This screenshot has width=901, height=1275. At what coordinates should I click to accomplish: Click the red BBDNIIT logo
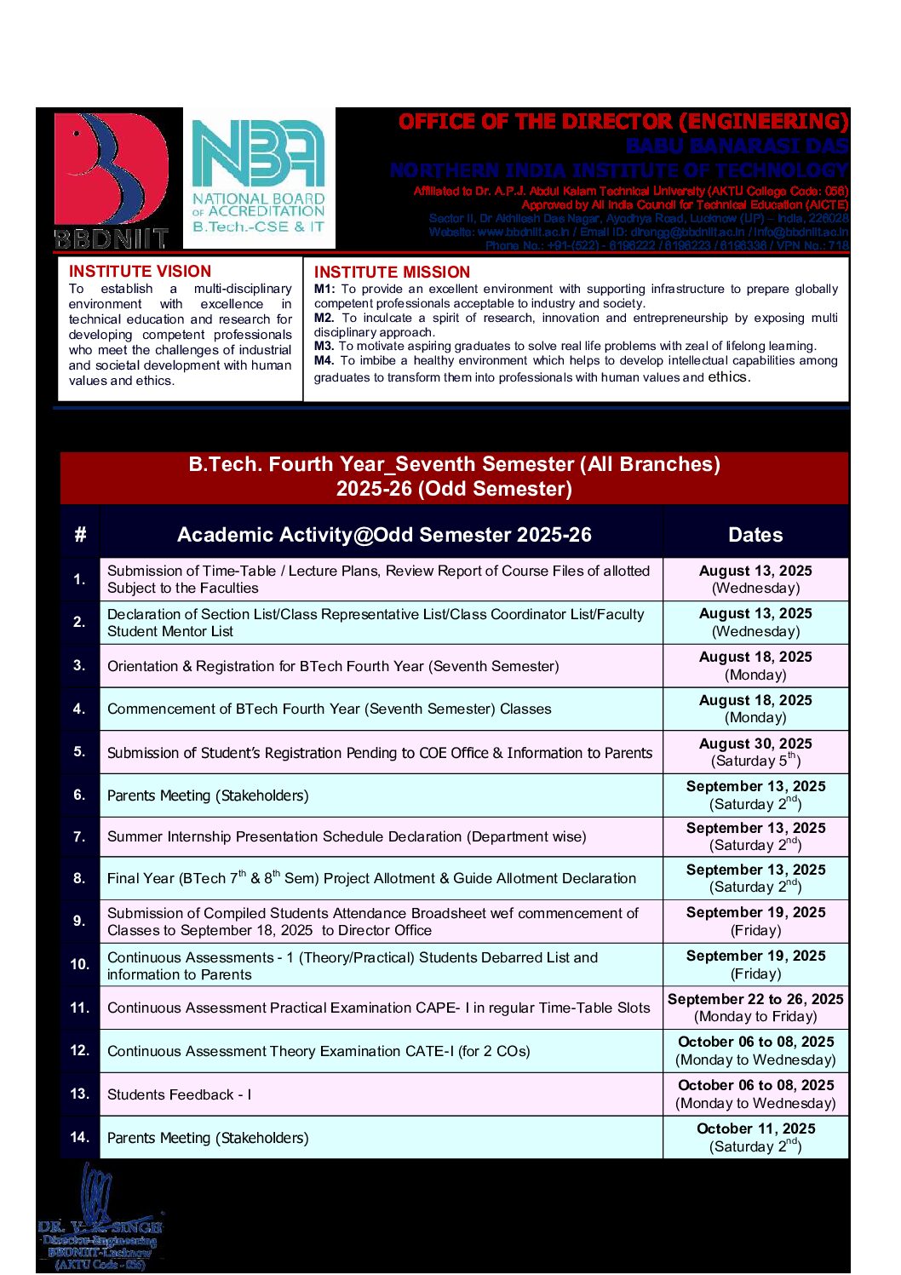[x=111, y=179]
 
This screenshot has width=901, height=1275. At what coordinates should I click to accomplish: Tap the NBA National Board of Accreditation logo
[x=258, y=177]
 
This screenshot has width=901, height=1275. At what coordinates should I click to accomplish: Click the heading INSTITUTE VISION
[x=140, y=272]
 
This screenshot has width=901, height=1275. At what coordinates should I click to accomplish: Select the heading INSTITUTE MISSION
[x=392, y=273]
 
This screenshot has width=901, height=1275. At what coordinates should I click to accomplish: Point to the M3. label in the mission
[x=324, y=346]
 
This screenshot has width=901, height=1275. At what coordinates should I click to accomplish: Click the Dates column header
[x=755, y=535]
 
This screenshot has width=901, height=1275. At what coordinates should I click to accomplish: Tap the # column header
[x=80, y=535]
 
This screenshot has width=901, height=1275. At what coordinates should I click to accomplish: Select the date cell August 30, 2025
[x=755, y=752]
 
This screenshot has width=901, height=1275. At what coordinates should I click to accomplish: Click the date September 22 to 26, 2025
[x=755, y=1008]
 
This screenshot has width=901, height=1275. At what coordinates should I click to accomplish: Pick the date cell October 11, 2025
[x=755, y=1137]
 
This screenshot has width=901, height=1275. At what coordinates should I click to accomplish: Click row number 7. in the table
[x=79, y=837]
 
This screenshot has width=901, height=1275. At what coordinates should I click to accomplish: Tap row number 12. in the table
[x=79, y=1051]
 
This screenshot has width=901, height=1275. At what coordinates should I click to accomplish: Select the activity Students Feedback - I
[x=179, y=1094]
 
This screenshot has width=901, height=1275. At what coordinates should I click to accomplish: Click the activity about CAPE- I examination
[x=378, y=1008]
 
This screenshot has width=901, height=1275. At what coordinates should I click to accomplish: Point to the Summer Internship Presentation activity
[x=347, y=837]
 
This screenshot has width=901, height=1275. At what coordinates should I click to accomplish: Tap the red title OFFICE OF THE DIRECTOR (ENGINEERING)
[x=623, y=122]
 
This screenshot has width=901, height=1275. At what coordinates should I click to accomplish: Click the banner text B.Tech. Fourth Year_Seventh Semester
[x=454, y=465]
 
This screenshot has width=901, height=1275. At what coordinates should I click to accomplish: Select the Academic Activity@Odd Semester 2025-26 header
[x=384, y=535]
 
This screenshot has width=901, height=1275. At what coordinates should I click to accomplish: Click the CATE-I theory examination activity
[x=319, y=1052]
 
